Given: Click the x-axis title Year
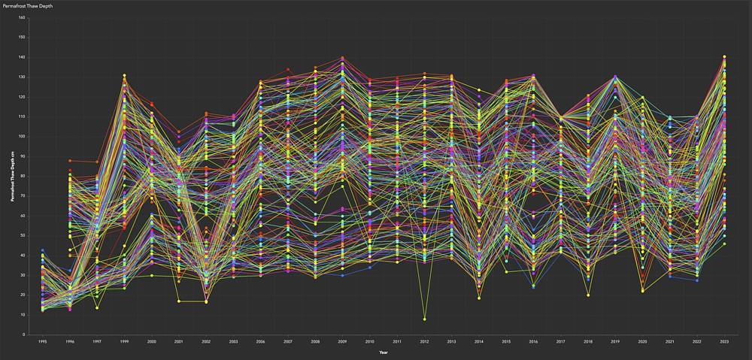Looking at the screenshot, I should click(384, 352).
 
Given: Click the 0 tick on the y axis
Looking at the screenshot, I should click(23, 334).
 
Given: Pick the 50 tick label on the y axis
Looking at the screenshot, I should click(22, 235).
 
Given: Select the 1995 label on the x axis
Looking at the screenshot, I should click(43, 342).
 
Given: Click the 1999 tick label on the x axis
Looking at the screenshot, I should click(124, 342).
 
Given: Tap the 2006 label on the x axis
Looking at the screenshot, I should click(261, 342).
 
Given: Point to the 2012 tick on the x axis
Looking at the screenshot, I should click(424, 342).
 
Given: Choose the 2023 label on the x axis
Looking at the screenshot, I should click(724, 342).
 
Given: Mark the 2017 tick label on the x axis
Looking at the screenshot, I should click(560, 342).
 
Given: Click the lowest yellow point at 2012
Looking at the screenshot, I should click(424, 319).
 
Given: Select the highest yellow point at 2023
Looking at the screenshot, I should click(724, 56).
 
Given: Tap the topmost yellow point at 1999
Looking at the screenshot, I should click(124, 75).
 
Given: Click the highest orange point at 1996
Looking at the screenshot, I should click(70, 160).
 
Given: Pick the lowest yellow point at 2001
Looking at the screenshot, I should click(179, 301).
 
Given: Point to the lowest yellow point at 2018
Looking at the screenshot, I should click(588, 295).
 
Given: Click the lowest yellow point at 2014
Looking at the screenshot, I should click(479, 298).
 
